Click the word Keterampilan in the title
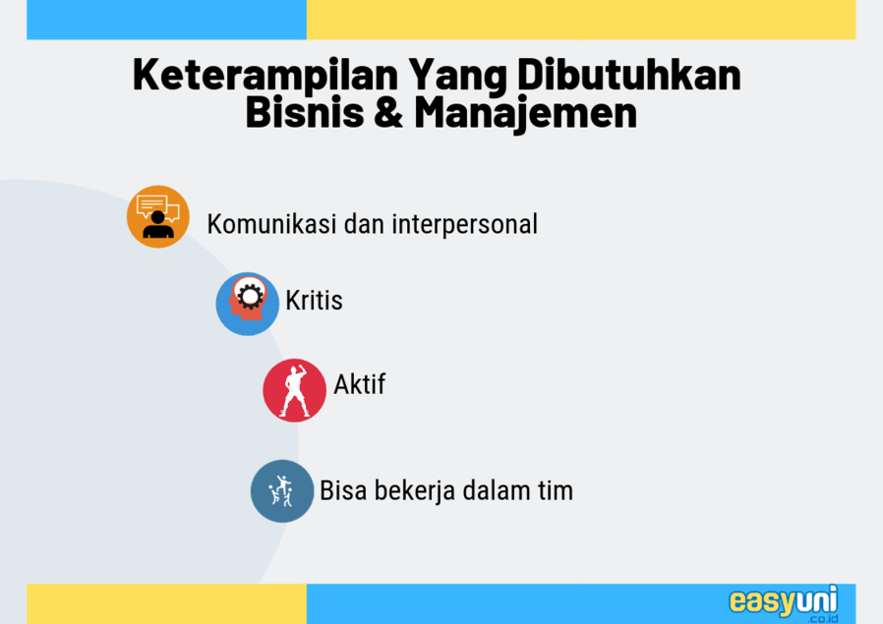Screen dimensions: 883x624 pyautogui.click(x=265, y=75)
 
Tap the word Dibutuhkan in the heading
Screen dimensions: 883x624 pyautogui.click(x=629, y=74)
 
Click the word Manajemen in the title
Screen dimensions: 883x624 pyautogui.click(x=525, y=114)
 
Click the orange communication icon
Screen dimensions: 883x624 pyautogui.click(x=157, y=216)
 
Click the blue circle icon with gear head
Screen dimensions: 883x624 pyautogui.click(x=247, y=304)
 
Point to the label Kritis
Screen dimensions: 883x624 pyautogui.click(x=314, y=300)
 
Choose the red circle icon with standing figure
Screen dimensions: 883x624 pyautogui.click(x=295, y=390)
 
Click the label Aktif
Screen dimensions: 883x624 pyautogui.click(x=359, y=384)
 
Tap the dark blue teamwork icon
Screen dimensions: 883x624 pyautogui.click(x=282, y=491)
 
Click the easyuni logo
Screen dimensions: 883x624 pyautogui.click(x=784, y=603)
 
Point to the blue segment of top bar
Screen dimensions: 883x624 pyautogui.click(x=167, y=20)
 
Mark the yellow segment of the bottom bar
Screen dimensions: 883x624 pyautogui.click(x=167, y=603)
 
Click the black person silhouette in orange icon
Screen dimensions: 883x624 pyautogui.click(x=158, y=225)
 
